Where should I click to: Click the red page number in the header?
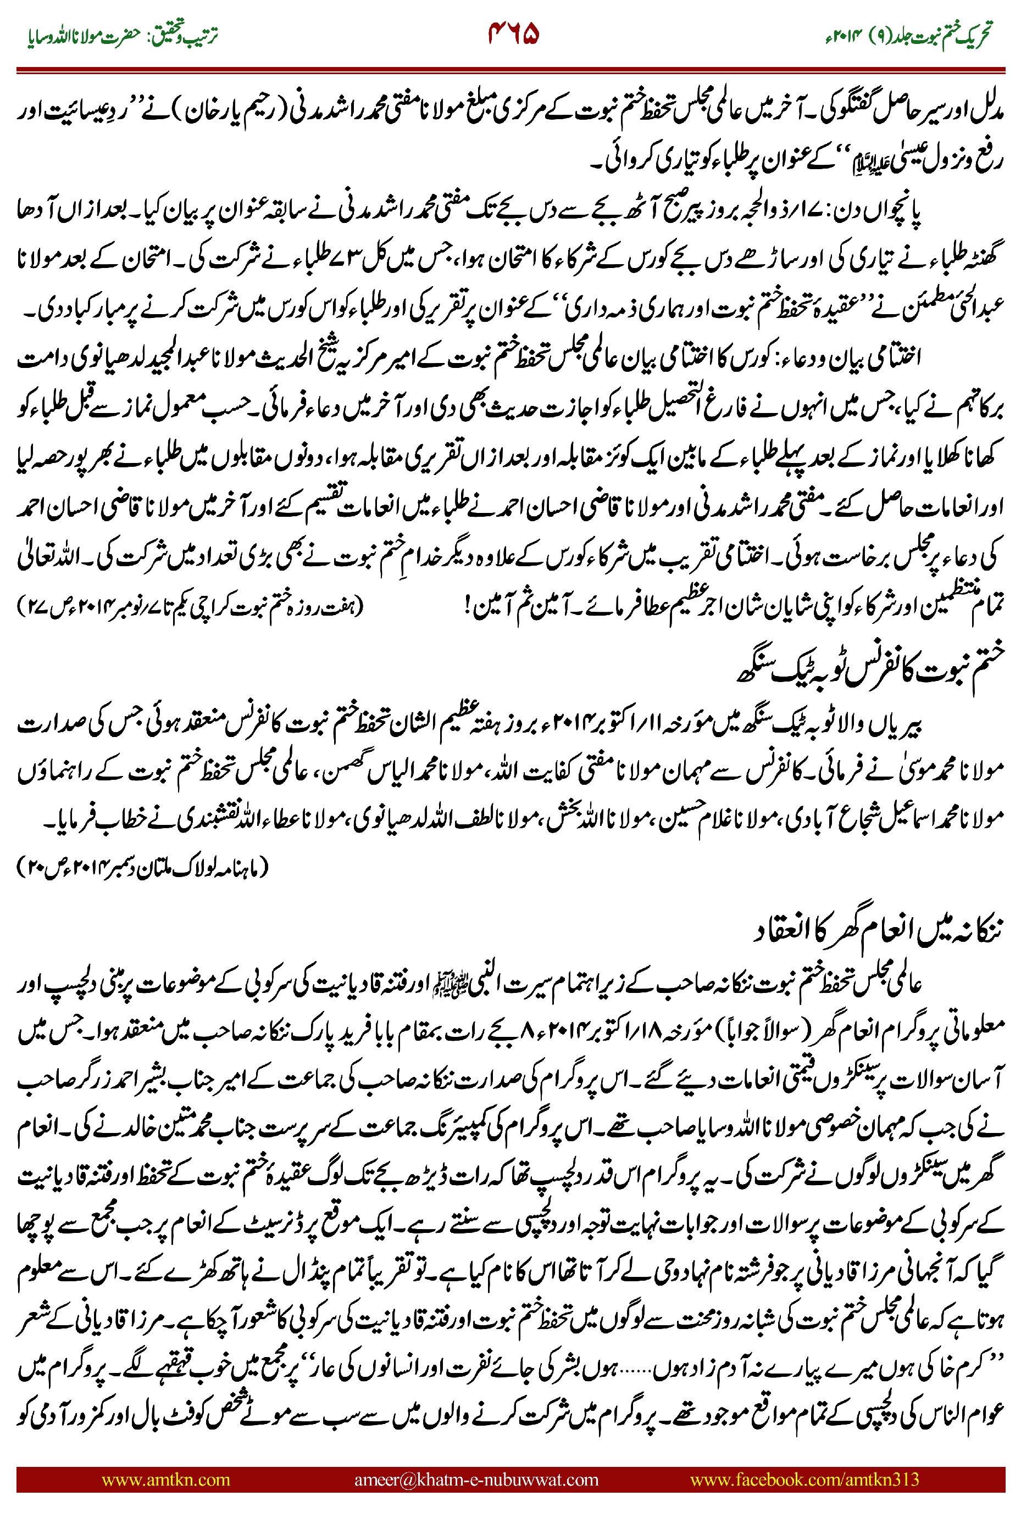(x=513, y=34)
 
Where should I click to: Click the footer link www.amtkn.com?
(x=166, y=1480)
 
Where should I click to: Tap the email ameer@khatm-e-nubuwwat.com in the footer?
(x=476, y=1480)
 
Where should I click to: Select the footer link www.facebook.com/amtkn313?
(x=804, y=1480)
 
